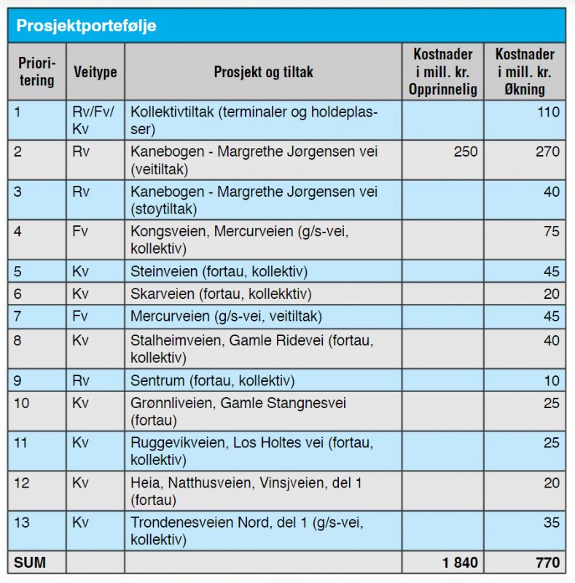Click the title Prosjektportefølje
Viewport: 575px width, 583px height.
(x=86, y=26)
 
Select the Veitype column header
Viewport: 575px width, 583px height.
(x=95, y=71)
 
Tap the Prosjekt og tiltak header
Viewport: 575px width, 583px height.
(x=263, y=71)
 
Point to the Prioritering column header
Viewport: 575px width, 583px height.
(x=37, y=71)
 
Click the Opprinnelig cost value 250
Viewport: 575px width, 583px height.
(x=466, y=152)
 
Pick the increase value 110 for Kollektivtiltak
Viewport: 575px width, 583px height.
(x=548, y=112)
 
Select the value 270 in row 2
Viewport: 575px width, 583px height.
(x=547, y=152)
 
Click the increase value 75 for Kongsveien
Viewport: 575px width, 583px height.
(x=552, y=231)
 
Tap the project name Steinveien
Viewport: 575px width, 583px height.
(x=164, y=271)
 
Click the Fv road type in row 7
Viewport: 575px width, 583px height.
(x=80, y=316)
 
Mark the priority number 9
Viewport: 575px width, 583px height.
(x=17, y=380)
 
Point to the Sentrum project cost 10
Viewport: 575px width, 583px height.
(x=552, y=380)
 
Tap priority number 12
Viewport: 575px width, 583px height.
(x=21, y=483)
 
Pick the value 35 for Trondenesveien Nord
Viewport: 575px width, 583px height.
(x=552, y=523)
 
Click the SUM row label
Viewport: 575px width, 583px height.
(x=30, y=562)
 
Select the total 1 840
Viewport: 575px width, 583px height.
(x=460, y=563)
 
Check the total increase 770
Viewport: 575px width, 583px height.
(x=547, y=563)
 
